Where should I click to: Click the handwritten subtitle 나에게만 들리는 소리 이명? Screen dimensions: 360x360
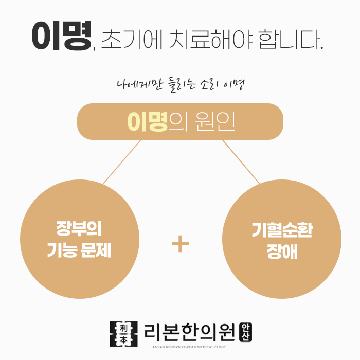click(x=179, y=84)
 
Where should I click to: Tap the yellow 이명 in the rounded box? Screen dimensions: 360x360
click(x=148, y=122)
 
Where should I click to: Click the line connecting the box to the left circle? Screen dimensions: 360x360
click(x=122, y=161)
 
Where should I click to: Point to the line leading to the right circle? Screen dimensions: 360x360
click(x=241, y=161)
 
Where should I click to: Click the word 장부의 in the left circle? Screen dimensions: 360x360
click(x=79, y=228)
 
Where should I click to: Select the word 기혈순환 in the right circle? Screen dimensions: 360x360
click(x=282, y=230)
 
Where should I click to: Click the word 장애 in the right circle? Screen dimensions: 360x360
click(x=282, y=253)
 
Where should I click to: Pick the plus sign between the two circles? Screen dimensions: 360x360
click(x=180, y=245)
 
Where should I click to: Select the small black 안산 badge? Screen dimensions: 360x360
click(x=246, y=331)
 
